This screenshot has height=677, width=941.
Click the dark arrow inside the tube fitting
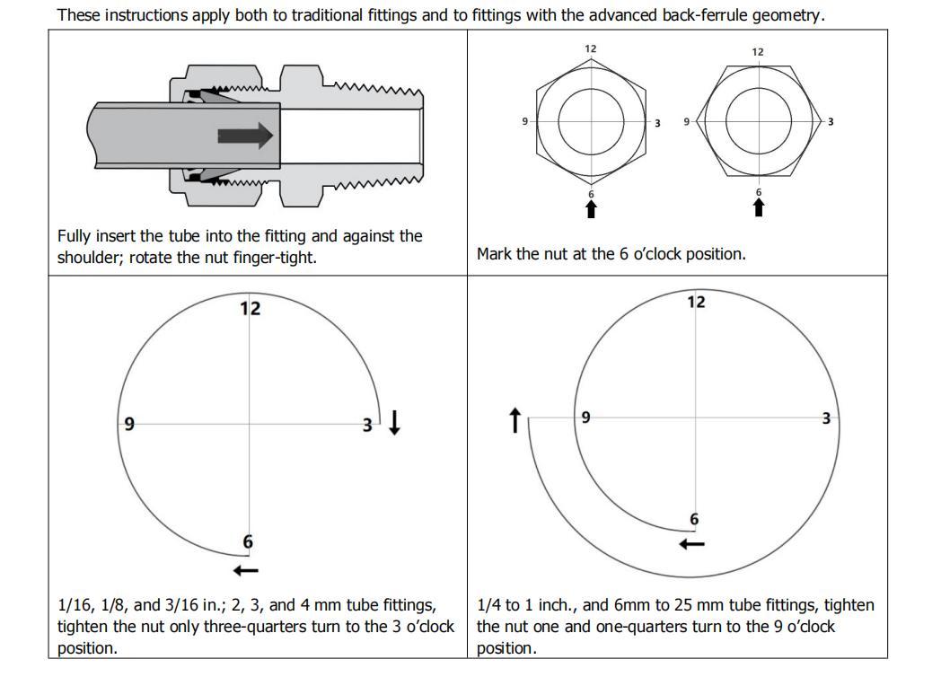[x=244, y=135]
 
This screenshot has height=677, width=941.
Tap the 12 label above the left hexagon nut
[x=590, y=48]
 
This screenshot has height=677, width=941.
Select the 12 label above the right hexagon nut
[x=758, y=51]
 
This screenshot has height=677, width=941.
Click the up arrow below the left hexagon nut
[x=590, y=208]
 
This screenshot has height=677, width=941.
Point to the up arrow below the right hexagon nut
[x=758, y=208]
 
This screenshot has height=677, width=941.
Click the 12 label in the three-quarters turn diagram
[x=250, y=309]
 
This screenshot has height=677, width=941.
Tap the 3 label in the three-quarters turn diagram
[x=366, y=425]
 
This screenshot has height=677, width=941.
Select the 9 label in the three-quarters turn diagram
[x=129, y=423]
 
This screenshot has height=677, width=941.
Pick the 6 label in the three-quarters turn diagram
[x=248, y=541]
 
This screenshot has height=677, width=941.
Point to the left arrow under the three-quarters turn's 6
[x=246, y=570]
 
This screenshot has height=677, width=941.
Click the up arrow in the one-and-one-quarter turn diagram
[x=514, y=420]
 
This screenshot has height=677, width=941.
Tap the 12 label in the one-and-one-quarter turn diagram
[x=696, y=302]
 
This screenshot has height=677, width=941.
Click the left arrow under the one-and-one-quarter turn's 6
[x=691, y=544]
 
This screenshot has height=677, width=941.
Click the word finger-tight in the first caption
[x=282, y=257]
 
